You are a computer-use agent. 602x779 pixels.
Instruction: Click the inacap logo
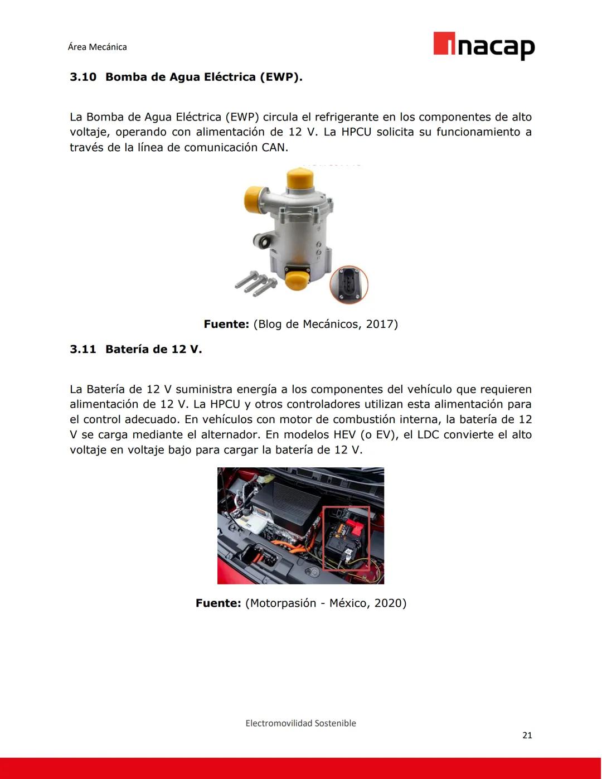click(x=483, y=45)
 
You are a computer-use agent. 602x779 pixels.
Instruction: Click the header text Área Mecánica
click(x=97, y=47)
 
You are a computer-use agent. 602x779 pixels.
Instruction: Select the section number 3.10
click(x=82, y=77)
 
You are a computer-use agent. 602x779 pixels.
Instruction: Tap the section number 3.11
click(x=82, y=350)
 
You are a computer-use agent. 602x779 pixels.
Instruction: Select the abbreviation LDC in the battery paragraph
click(x=429, y=435)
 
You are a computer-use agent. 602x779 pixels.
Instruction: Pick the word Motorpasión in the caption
click(x=283, y=603)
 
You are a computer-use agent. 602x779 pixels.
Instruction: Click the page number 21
click(x=527, y=736)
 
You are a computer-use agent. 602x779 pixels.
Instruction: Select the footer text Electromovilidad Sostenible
click(x=300, y=723)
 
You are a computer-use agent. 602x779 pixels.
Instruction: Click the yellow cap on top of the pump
click(x=300, y=180)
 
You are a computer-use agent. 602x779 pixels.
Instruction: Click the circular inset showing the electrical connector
click(x=349, y=284)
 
